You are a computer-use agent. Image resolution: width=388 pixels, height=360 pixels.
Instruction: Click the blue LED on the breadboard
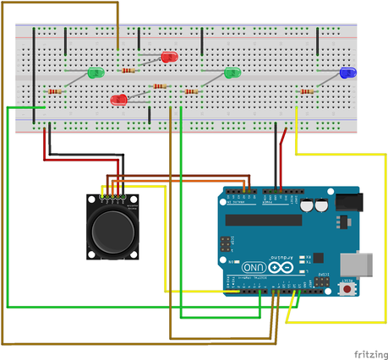tap(347, 74)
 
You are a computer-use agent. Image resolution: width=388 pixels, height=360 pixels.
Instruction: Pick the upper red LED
tap(168, 57)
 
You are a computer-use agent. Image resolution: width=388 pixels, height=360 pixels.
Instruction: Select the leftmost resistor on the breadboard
tap(56, 91)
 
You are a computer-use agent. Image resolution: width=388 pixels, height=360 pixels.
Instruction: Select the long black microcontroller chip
tap(263, 221)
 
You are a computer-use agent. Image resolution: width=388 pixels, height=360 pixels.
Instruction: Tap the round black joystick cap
tap(112, 232)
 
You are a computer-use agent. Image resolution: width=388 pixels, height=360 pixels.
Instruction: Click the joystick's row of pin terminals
tap(112, 199)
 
